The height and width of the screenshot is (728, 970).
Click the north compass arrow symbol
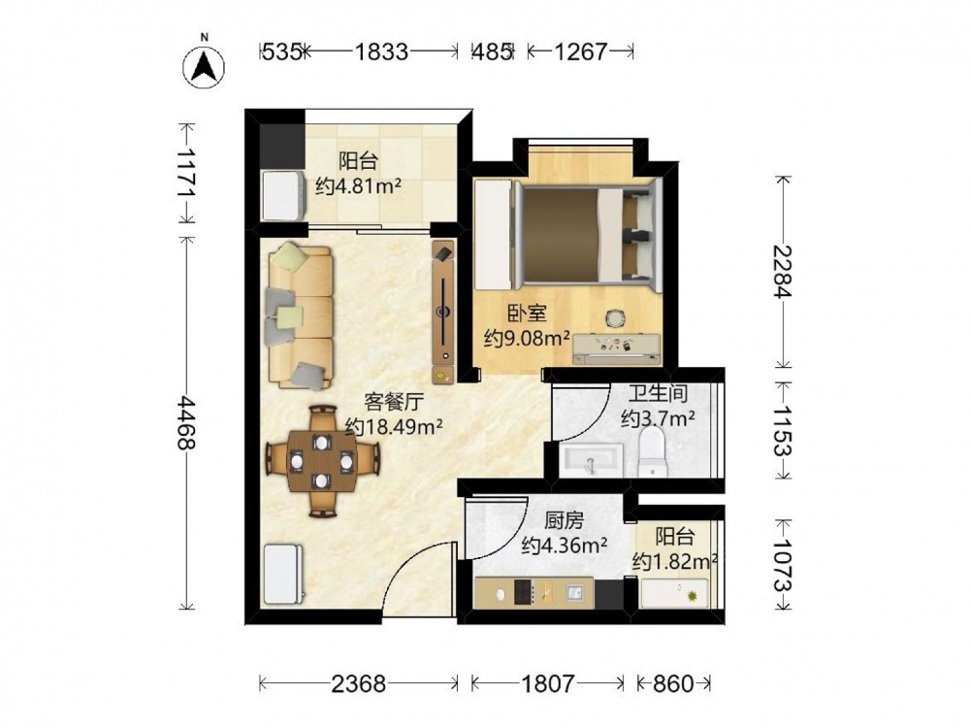[x=204, y=67]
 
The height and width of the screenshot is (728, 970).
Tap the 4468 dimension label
[x=186, y=423]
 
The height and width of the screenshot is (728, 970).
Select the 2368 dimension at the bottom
[x=359, y=684]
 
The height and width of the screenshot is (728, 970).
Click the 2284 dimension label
[x=783, y=271]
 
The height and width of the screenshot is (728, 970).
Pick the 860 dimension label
[x=673, y=684]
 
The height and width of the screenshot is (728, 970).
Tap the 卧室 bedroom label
[x=527, y=314]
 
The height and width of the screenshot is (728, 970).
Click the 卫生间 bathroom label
[x=659, y=393]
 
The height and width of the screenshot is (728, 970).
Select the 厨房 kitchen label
[x=564, y=521]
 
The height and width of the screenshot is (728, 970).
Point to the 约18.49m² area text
[x=394, y=426]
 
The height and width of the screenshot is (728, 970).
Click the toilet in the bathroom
[x=653, y=453]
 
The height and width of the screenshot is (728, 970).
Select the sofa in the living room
[x=301, y=316]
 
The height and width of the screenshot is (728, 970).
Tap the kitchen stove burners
[x=524, y=593]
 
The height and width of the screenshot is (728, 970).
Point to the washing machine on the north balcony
[x=284, y=196]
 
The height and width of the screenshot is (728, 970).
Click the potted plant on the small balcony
[x=693, y=597]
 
